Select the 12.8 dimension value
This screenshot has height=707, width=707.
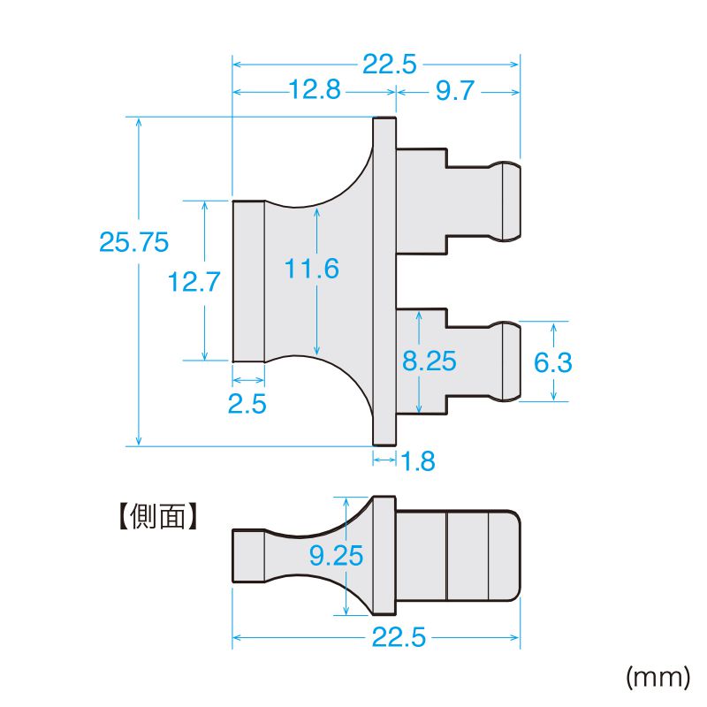(x=314, y=91)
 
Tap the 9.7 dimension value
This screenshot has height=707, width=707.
(x=455, y=91)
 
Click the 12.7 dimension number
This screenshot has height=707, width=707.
(x=194, y=282)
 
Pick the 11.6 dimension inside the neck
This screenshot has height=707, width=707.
(x=312, y=269)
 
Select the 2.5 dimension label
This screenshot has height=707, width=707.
(x=247, y=404)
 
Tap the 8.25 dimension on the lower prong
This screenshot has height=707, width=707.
(x=429, y=361)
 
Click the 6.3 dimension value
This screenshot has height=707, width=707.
(x=554, y=361)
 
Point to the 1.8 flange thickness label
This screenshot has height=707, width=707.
(x=418, y=460)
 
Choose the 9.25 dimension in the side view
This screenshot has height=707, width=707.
(x=337, y=555)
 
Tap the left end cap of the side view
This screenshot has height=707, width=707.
(x=247, y=555)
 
